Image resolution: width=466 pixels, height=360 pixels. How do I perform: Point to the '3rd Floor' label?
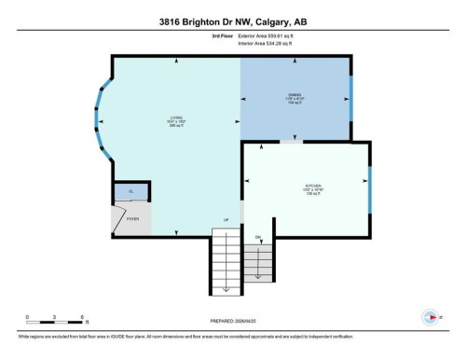tap(221, 35)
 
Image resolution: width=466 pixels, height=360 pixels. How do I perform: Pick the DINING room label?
tap(295, 98)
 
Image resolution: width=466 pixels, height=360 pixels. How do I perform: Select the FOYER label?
tap(133, 220)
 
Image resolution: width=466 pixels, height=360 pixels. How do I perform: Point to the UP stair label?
tap(226, 220)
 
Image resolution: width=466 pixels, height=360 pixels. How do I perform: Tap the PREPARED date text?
tap(233, 323)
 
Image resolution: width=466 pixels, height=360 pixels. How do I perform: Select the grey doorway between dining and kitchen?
tap(292, 143)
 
